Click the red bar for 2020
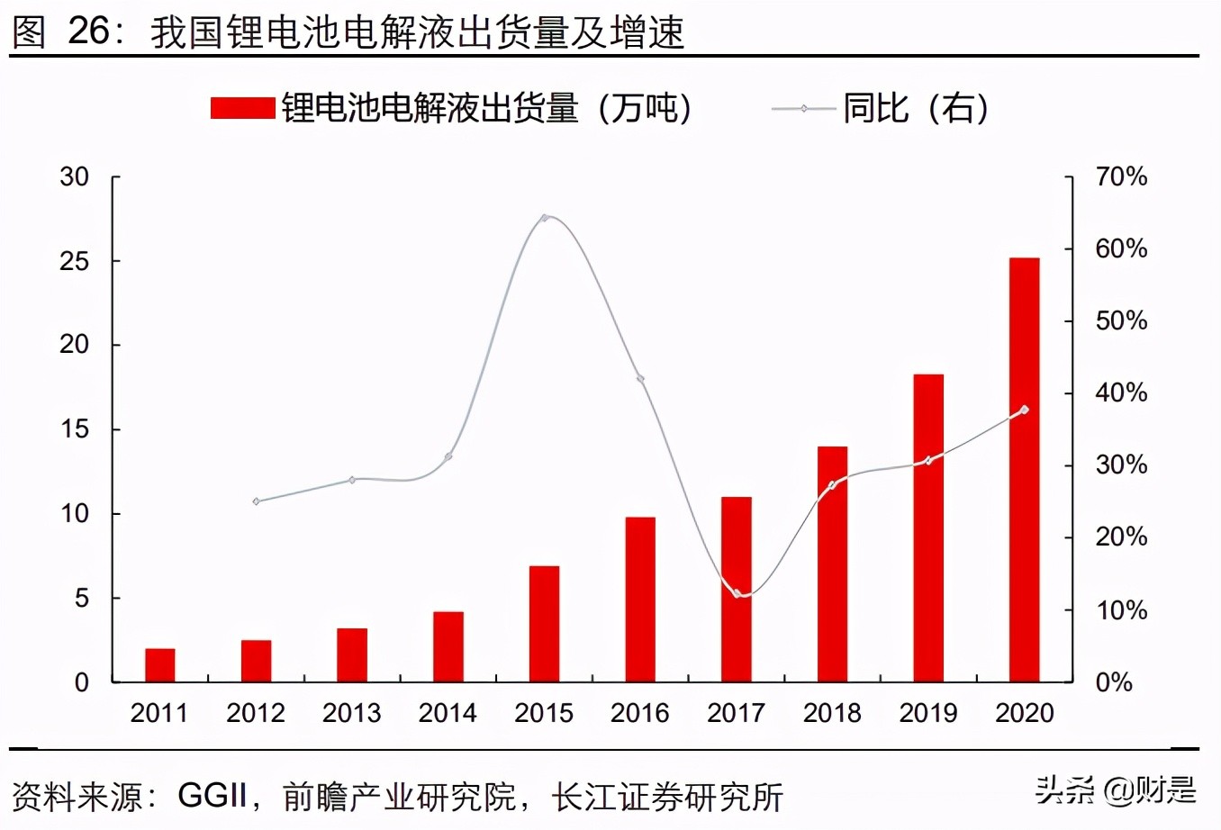point(1024,469)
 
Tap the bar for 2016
point(640,599)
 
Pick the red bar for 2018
point(832,564)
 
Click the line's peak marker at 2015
point(544,218)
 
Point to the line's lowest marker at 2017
point(737,594)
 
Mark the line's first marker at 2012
point(256,501)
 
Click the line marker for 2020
point(1024,410)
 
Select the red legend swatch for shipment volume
point(242,108)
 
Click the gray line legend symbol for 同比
point(803,109)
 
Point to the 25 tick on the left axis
point(76,261)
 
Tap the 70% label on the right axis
point(1121,177)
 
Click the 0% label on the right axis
point(1114,682)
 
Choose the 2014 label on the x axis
point(448,713)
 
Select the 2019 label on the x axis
point(927,713)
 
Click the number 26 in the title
point(88,32)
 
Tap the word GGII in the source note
point(213,796)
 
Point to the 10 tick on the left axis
point(76,514)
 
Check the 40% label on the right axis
point(1121,393)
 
